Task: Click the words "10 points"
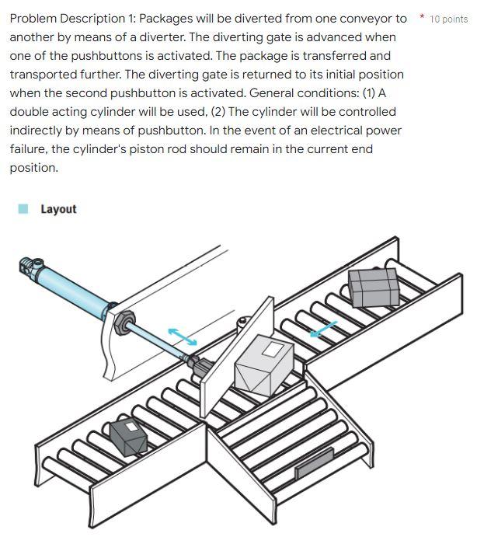pyautogui.click(x=449, y=19)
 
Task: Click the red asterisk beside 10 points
pyautogui.click(x=422, y=16)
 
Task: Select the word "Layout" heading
pyautogui.click(x=58, y=209)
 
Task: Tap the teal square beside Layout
pyautogui.click(x=23, y=208)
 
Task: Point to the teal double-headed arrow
pyautogui.click(x=183, y=336)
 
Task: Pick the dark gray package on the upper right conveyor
pyautogui.click(x=373, y=287)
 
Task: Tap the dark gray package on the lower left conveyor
pyautogui.click(x=128, y=437)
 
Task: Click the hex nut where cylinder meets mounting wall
pyautogui.click(x=122, y=322)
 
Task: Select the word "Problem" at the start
pyautogui.click(x=33, y=19)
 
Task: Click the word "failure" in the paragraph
pyautogui.click(x=31, y=149)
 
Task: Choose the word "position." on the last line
pyautogui.click(x=33, y=168)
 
